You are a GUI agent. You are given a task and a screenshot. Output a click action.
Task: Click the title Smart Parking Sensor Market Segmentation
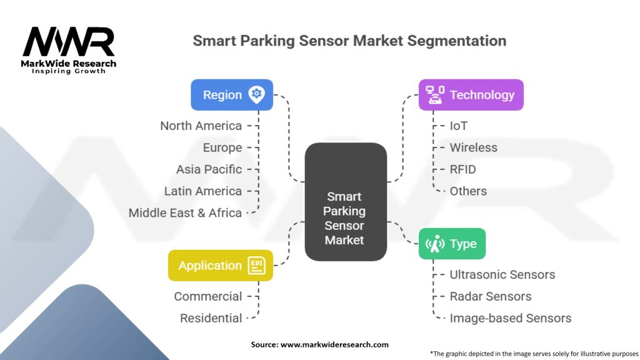[349, 41]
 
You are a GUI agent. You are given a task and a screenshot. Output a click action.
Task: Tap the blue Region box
[231, 95]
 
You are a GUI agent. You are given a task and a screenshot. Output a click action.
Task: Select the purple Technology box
[471, 95]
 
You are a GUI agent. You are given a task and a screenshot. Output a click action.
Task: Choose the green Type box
[451, 244]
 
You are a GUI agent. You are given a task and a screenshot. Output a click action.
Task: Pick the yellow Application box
[220, 266]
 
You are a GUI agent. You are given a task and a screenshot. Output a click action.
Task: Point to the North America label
[201, 126]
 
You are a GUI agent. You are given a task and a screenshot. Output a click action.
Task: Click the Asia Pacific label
[209, 169]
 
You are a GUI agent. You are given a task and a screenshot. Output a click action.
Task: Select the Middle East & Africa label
[185, 212]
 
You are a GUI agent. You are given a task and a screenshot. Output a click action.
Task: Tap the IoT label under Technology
[459, 126]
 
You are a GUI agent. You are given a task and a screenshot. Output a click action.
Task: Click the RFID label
[462, 169]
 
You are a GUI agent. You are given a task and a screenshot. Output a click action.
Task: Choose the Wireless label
[473, 147]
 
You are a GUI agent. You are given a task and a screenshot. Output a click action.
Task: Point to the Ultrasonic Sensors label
[502, 274]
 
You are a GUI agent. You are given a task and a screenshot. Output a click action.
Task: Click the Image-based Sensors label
[510, 318]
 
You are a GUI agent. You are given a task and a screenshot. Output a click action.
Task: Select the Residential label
[211, 318]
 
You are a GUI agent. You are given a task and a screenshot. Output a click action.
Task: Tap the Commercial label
[207, 296]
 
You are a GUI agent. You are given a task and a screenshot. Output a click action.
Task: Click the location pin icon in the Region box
[256, 95]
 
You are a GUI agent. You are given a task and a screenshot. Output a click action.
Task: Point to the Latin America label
[202, 191]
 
